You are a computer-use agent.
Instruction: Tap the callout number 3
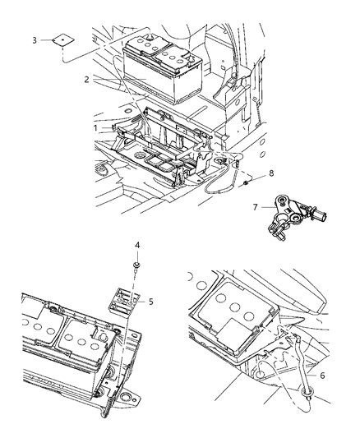point(34,39)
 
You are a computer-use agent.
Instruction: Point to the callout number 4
point(136,244)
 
